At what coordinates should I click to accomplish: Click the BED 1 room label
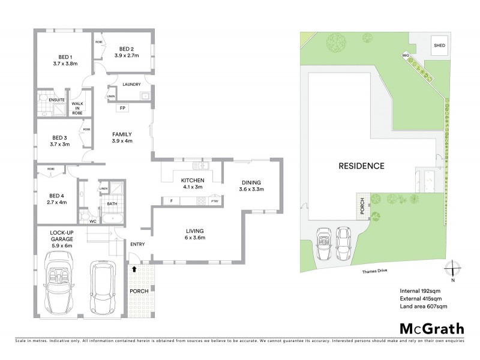[65, 56]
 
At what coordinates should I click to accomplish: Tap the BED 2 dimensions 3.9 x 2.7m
[126, 56]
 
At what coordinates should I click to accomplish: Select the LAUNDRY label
[131, 85]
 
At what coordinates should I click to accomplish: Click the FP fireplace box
[122, 108]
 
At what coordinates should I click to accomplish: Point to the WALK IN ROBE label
[77, 107]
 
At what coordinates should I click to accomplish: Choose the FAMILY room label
[122, 134]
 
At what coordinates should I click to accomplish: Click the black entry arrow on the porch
[133, 270]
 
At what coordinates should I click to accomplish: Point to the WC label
[92, 221]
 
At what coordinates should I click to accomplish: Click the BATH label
[112, 204]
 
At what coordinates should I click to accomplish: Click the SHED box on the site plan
[439, 46]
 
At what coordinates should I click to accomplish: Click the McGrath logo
[432, 328]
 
